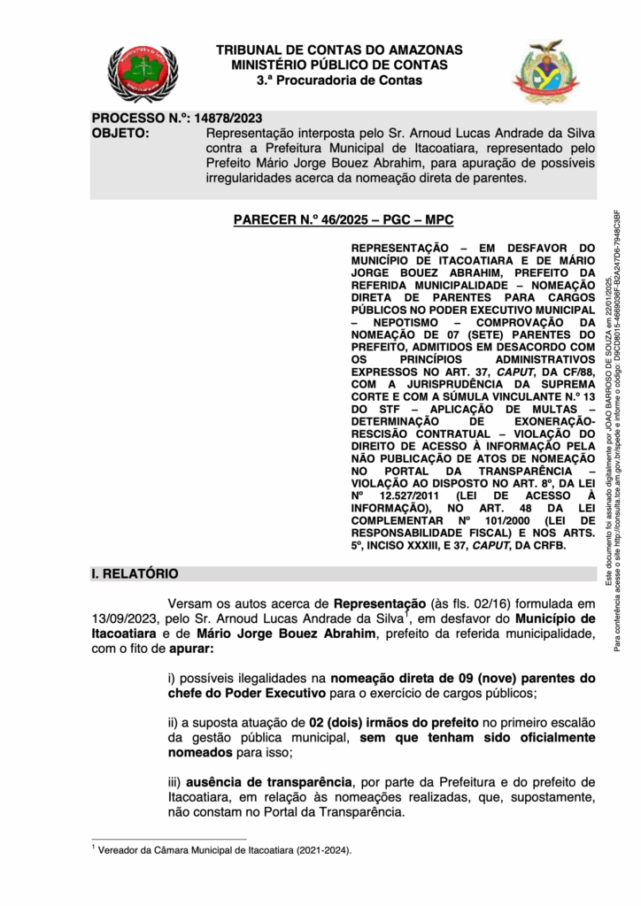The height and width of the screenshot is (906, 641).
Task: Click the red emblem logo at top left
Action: tap(143, 74)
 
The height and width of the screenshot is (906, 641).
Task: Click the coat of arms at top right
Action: tap(546, 73)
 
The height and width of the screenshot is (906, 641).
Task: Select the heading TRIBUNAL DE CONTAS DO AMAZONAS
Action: tap(339, 50)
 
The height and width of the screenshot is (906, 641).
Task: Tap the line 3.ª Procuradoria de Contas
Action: tap(339, 81)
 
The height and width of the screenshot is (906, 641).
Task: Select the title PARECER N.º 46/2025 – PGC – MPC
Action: tap(344, 219)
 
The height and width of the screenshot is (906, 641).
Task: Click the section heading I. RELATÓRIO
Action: tap(135, 574)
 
